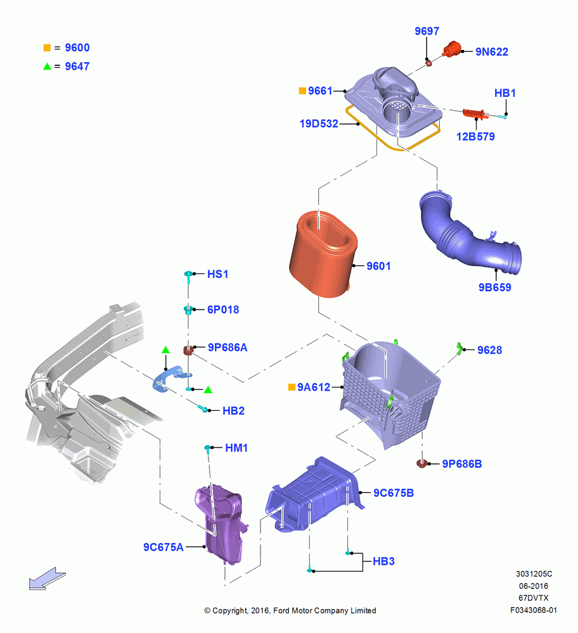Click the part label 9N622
click(492, 52)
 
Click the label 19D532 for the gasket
click(319, 123)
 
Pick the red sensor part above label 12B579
click(473, 114)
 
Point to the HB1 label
click(505, 93)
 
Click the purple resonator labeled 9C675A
click(221, 524)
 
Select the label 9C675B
click(394, 493)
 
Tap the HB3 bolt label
click(383, 561)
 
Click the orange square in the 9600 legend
click(48, 47)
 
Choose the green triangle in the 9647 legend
click(48, 66)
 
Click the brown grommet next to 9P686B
click(422, 463)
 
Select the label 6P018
click(223, 310)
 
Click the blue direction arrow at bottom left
click(47, 579)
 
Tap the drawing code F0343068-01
click(533, 610)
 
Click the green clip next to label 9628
click(459, 348)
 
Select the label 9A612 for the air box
click(314, 387)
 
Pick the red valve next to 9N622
click(452, 49)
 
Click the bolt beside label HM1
click(208, 449)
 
